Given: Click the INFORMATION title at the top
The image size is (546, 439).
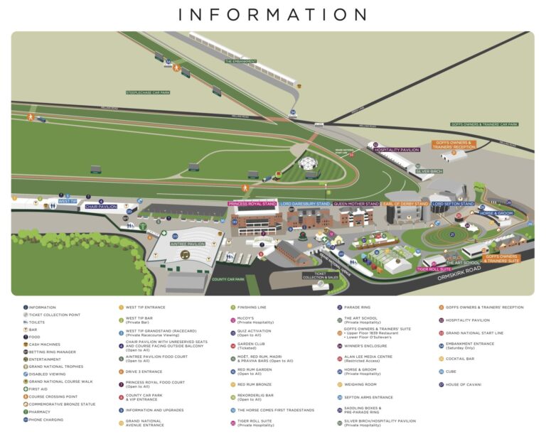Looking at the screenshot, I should tap(273, 15).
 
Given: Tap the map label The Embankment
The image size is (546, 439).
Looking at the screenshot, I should tap(240, 62).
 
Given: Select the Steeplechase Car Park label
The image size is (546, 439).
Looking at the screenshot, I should tap(148, 92).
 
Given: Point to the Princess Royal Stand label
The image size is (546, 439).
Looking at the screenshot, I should tap(252, 204).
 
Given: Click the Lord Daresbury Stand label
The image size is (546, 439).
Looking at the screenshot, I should tap(305, 204).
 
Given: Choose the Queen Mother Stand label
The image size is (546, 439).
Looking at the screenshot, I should tap(357, 204).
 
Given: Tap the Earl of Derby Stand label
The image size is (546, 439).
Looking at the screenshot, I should tap(406, 204).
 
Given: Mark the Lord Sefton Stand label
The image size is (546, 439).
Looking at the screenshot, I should tap(452, 204).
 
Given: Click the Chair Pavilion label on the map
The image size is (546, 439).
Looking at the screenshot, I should tap(101, 207).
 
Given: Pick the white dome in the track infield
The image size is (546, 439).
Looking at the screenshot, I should tap(308, 163).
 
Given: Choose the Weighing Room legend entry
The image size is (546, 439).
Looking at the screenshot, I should tap(360, 384).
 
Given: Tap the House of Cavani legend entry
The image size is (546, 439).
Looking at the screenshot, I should tap(464, 384).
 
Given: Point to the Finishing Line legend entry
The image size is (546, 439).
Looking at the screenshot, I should tap(252, 308).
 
